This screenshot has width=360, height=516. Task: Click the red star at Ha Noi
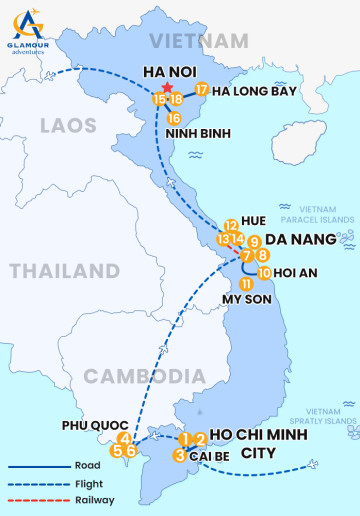pos(167,88)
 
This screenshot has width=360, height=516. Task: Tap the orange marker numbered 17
pos(202,90)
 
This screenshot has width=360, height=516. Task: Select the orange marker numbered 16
pos(174,118)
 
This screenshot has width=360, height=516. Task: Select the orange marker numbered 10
pos(264,272)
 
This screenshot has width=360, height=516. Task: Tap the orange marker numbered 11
pos(245,284)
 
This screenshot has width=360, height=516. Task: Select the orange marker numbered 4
pos(124,438)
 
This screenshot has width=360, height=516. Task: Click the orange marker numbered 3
pos(179,455)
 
